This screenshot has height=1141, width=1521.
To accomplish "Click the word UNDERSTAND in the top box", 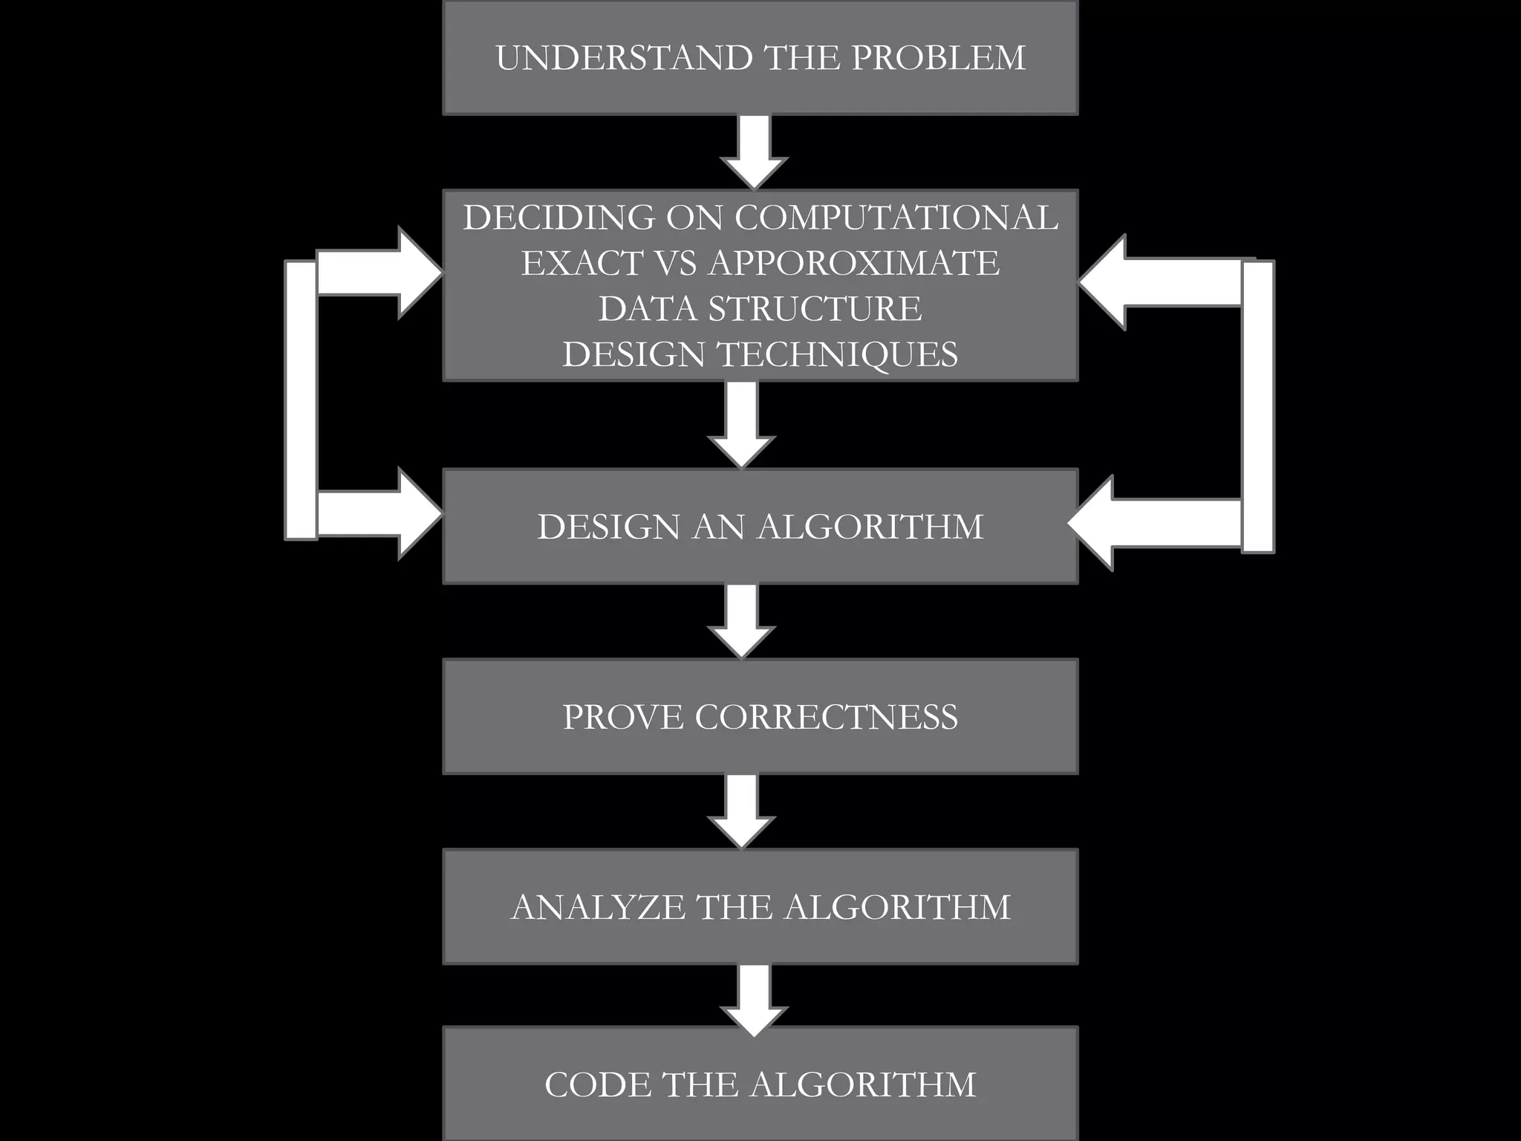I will pyautogui.click(x=624, y=58).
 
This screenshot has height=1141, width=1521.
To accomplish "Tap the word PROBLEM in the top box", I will pyautogui.click(x=939, y=58).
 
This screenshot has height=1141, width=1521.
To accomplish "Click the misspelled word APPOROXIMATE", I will pyautogui.click(x=854, y=263).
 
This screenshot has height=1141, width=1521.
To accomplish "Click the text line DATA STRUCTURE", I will pyautogui.click(x=760, y=308).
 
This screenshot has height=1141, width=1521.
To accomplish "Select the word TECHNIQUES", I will pyautogui.click(x=837, y=354).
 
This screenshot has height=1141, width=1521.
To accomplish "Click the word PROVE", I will pyautogui.click(x=622, y=717).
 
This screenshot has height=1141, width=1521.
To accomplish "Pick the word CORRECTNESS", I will pyautogui.click(x=826, y=717).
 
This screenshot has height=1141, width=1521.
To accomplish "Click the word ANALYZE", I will pyautogui.click(x=598, y=907).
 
